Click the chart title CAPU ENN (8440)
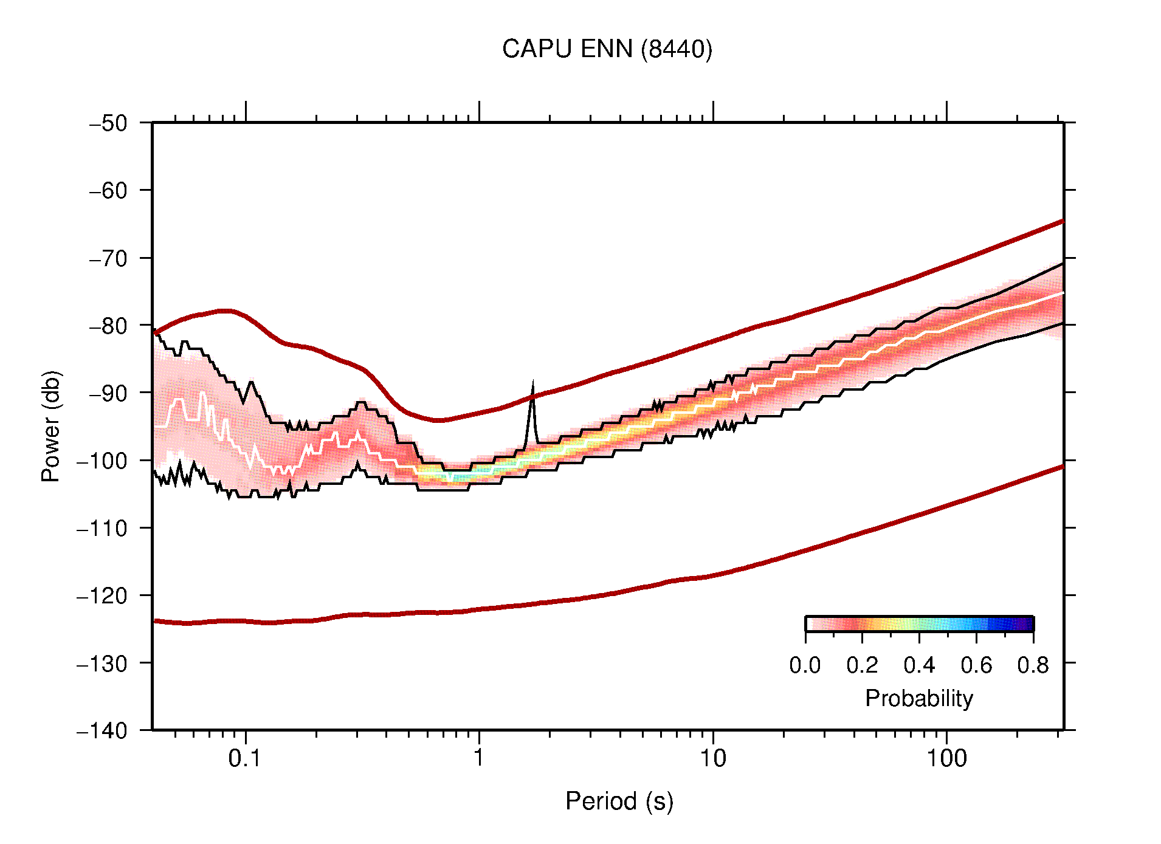(607, 49)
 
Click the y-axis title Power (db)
(52, 426)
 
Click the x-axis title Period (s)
(619, 801)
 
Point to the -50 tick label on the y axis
(108, 123)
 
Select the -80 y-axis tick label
(108, 326)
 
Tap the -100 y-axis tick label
(102, 461)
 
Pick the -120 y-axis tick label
(102, 595)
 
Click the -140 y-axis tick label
(102, 730)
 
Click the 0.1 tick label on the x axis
(245, 758)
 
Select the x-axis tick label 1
(479, 758)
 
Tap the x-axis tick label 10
(712, 758)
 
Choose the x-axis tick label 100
(946, 758)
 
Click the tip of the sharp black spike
(533, 383)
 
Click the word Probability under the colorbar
(918, 699)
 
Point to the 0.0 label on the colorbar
(805, 666)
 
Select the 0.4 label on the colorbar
(919, 666)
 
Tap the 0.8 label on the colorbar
(1033, 666)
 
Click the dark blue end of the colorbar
(1027, 624)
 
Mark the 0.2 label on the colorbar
(862, 666)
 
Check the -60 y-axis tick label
(108, 191)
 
